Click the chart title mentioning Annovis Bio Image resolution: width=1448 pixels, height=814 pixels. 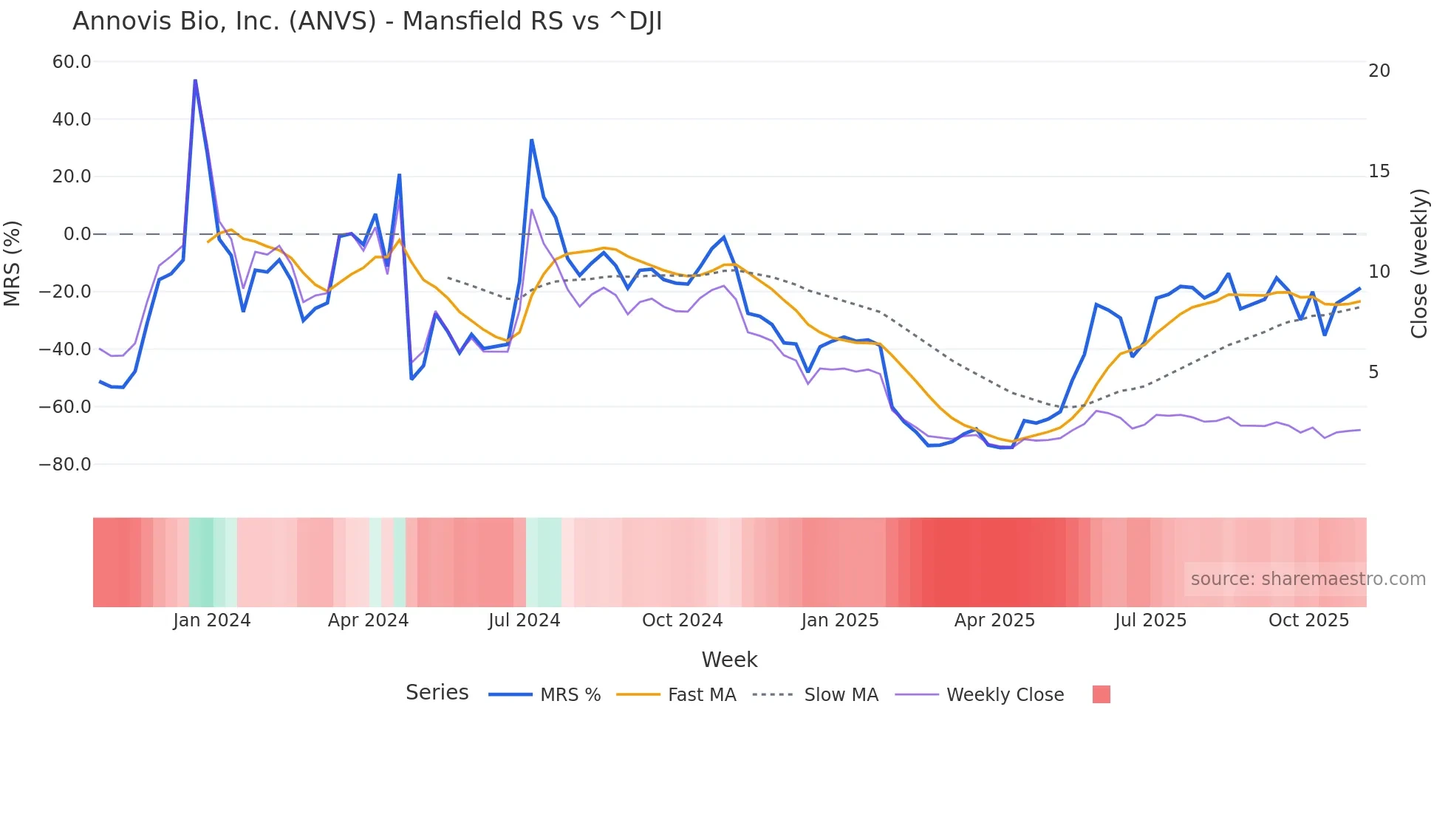pyautogui.click(x=367, y=21)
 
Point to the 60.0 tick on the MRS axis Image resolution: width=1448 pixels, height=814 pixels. pyautogui.click(x=72, y=62)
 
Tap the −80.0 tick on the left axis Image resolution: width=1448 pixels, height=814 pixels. pyautogui.click(x=65, y=465)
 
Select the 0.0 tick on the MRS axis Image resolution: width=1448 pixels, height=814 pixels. pyautogui.click(x=77, y=234)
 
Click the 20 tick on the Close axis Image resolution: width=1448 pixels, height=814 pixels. pyautogui.click(x=1379, y=71)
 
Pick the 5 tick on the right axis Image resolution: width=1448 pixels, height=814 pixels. pyautogui.click(x=1373, y=372)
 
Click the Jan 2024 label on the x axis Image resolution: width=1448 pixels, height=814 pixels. pyautogui.click(x=212, y=620)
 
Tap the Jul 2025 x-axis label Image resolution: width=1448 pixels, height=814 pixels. pyautogui.click(x=1150, y=620)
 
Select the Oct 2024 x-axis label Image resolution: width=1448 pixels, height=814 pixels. pyautogui.click(x=682, y=620)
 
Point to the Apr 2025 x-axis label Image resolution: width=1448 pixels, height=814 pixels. pyautogui.click(x=994, y=620)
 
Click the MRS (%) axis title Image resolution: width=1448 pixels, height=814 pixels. pyautogui.click(x=13, y=263)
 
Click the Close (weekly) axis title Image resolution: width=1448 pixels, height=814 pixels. pyautogui.click(x=1418, y=264)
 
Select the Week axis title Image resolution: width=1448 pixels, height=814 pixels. pyautogui.click(x=729, y=660)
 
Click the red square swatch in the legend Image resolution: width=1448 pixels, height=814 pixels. pyautogui.click(x=1101, y=694)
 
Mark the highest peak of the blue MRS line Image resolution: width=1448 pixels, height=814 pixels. pyautogui.click(x=195, y=80)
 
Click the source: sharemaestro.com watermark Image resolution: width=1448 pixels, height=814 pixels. pyautogui.click(x=1308, y=579)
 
